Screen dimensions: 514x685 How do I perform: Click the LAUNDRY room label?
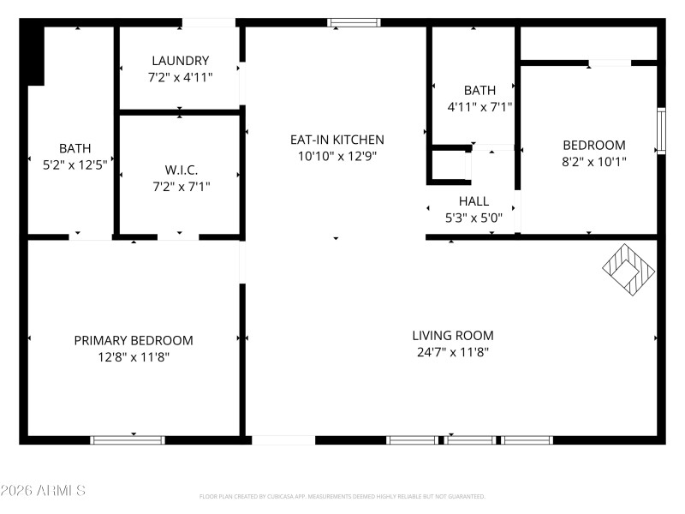pyautogui.click(x=180, y=61)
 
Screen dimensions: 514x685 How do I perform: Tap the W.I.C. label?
pyautogui.click(x=181, y=170)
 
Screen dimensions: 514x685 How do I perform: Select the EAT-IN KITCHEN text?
pyautogui.click(x=337, y=140)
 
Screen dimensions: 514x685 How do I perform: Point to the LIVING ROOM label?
pyautogui.click(x=452, y=336)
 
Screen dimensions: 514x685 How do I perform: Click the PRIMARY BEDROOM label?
pyautogui.click(x=134, y=341)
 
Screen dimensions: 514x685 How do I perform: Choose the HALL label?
pyautogui.click(x=474, y=201)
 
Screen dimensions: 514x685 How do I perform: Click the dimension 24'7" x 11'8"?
pyautogui.click(x=452, y=352)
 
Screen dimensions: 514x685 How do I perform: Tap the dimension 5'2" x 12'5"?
pyautogui.click(x=74, y=164)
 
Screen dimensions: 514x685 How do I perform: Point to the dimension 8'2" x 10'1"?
pyautogui.click(x=593, y=161)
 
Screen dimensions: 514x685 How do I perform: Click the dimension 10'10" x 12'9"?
pyautogui.click(x=337, y=156)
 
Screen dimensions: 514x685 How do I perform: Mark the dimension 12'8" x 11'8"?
pyautogui.click(x=134, y=357)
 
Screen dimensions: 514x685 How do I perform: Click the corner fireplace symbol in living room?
pyautogui.click(x=628, y=270)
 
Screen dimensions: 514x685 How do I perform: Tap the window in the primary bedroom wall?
pyautogui.click(x=128, y=440)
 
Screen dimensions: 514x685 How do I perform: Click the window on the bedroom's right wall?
pyautogui.click(x=660, y=131)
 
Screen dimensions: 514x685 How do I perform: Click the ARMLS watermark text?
pyautogui.click(x=43, y=491)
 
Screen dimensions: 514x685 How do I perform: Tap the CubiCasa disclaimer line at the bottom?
pyautogui.click(x=342, y=497)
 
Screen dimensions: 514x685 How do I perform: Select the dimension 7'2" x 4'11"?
pyautogui.click(x=180, y=77)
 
